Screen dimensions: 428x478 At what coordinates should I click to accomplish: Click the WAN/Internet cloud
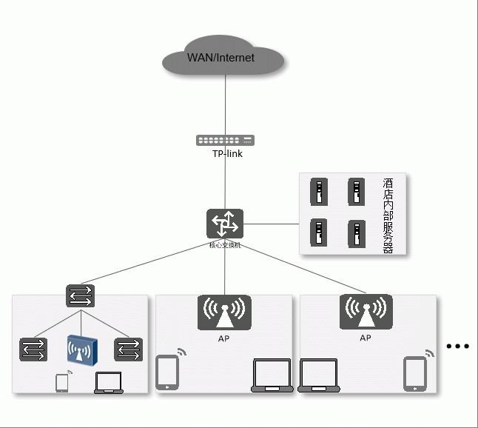[223, 56]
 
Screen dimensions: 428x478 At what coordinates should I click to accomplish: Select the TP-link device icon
[224, 140]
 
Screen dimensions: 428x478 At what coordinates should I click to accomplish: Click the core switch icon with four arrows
[224, 224]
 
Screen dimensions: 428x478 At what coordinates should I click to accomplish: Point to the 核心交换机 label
[224, 244]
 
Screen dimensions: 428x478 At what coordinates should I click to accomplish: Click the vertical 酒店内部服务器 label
[388, 215]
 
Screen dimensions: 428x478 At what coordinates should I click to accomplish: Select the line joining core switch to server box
[271, 224]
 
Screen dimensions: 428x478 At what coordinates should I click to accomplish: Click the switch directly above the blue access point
[81, 296]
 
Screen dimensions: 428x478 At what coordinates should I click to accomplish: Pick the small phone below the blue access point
[62, 382]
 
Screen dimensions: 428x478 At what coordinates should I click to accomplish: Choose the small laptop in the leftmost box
[109, 382]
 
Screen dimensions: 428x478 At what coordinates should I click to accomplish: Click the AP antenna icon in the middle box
[224, 312]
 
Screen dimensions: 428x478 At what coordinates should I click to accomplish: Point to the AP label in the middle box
[224, 338]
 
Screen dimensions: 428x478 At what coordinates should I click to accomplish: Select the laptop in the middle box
[273, 375]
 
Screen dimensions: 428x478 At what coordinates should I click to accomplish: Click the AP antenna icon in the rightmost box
[366, 312]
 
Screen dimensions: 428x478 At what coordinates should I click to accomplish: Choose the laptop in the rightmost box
[318, 375]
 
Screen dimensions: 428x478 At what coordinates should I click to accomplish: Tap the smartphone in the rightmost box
[414, 373]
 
